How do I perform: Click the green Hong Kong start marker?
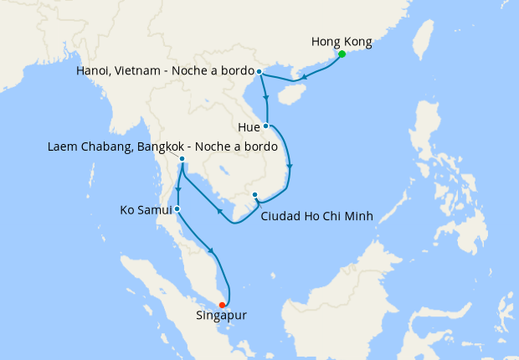(342, 55)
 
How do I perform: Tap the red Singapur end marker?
(222, 305)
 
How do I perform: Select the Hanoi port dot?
(259, 71)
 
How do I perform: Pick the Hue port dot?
(265, 126)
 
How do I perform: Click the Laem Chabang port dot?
(182, 158)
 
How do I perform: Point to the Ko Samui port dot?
(177, 208)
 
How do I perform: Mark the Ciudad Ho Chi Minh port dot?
(254, 195)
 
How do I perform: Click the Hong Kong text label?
(341, 41)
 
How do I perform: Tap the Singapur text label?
(222, 316)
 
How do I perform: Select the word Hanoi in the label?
(94, 70)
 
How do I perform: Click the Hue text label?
(249, 128)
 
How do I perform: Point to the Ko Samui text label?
(146, 208)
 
